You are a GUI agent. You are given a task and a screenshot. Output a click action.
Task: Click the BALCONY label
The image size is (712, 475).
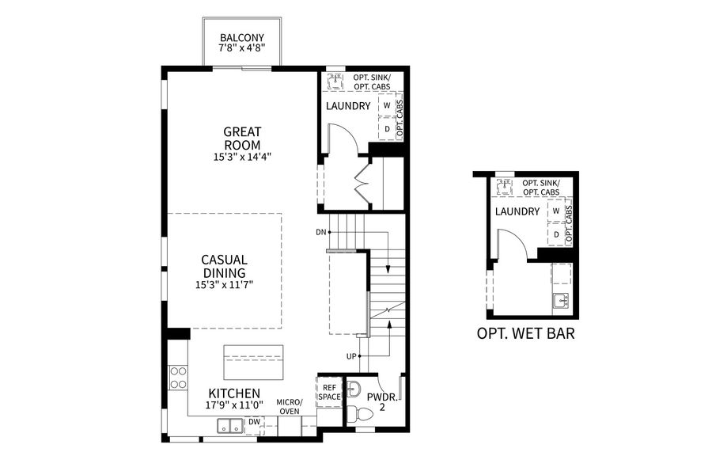pos(242,37)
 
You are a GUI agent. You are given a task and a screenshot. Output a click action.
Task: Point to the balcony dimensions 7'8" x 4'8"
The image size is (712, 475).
pos(242,48)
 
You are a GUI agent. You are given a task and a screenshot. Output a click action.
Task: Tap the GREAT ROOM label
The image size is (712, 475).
pos(242,139)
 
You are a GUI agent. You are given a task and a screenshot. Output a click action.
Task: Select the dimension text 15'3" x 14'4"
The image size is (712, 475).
pos(242,158)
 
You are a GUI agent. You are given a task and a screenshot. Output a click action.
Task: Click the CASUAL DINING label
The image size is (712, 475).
pos(224,266)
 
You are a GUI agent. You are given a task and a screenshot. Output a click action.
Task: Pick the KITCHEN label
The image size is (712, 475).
pos(234,393)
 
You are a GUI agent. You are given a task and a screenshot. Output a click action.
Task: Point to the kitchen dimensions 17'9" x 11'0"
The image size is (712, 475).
pos(234,405)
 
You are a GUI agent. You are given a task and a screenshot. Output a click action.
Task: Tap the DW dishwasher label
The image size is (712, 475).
pos(254,422)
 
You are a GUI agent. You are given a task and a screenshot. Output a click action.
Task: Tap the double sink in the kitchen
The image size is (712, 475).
pos(231,427)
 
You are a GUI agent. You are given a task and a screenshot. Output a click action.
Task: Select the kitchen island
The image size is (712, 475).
pos(253,363)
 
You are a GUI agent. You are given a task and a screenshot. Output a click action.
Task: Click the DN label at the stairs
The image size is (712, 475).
pos(320,232)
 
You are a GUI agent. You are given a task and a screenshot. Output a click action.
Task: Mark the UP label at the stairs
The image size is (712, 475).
pos(350,356)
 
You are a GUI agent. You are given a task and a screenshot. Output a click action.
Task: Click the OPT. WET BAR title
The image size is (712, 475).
pos(525,333)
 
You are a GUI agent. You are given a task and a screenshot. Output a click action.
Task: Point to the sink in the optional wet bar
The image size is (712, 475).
pos(561,300)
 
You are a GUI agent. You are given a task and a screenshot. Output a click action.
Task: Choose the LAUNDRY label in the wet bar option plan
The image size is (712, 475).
pos(517,211)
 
